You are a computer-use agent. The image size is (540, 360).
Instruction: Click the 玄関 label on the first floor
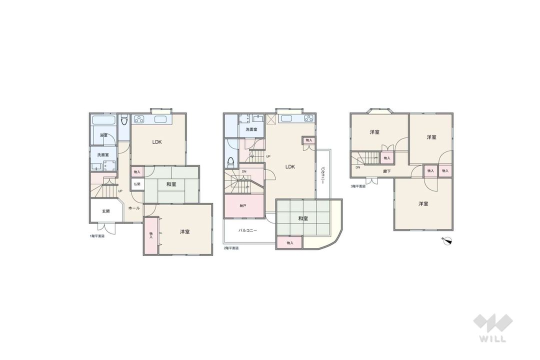pos(105,211)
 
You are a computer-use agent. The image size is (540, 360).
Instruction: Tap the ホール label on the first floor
pos(133,208)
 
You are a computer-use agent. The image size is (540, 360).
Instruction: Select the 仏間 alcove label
pos(137,183)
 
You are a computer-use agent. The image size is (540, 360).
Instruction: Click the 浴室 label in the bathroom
pos(103,135)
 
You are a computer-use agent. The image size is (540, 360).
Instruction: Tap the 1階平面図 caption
pos(97,235)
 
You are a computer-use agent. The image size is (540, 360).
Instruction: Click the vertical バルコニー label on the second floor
pos(323,175)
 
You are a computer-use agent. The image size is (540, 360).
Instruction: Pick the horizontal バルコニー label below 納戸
pos(247,231)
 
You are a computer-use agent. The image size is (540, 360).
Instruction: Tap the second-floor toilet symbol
pos(231,162)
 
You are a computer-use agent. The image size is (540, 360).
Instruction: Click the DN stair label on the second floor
pos(244,171)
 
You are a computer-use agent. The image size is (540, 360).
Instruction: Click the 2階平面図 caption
pos(231,248)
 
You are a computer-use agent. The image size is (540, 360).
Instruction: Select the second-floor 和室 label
pos(302,218)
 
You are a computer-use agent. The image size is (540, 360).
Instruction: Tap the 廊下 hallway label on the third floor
pos(387,171)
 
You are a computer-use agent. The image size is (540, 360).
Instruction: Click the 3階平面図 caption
pos(358,185)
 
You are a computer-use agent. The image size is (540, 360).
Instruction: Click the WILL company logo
pos(492,327)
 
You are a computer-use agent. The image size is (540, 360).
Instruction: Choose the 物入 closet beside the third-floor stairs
pos(387,157)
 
